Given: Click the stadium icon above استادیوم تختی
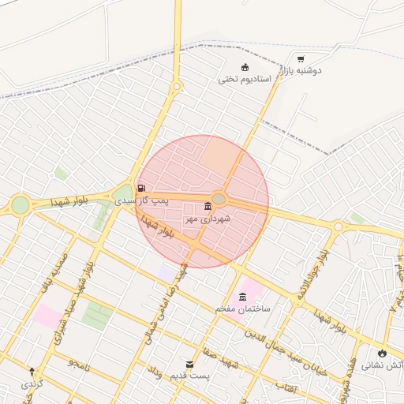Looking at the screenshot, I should (x=245, y=67).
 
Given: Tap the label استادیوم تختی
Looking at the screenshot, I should (x=245, y=80).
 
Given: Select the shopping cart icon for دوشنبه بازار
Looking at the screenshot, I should (x=301, y=58).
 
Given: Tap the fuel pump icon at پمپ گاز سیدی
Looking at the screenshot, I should (x=141, y=188).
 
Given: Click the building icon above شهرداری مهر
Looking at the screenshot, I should (x=208, y=206).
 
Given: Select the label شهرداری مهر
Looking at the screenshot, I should (x=207, y=219).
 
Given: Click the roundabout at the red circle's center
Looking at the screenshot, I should (x=219, y=198).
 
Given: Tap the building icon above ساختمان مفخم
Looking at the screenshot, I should (x=241, y=296).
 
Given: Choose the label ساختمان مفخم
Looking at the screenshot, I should (x=242, y=308).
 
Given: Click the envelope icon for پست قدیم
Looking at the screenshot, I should (x=189, y=365).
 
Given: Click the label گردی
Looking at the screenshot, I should (x=32, y=383).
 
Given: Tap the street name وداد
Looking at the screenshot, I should (x=155, y=371).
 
